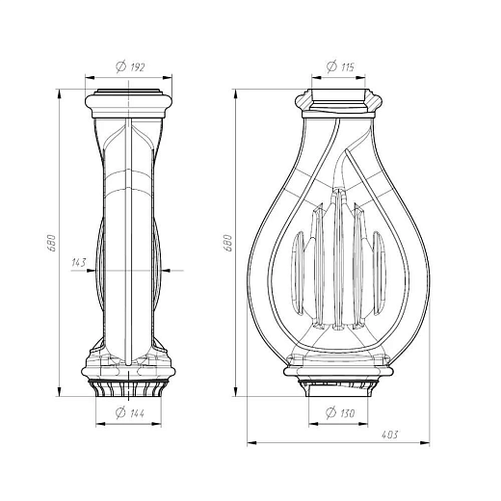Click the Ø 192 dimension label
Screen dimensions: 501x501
130,66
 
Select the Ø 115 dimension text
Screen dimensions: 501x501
340,66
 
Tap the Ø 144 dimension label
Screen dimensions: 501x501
130,412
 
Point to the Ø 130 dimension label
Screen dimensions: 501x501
340,412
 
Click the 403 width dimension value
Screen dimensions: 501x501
389,435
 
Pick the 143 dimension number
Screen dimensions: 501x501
79,262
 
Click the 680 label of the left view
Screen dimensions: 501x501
52,243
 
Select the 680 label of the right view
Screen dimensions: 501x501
227,243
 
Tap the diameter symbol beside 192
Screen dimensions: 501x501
120,66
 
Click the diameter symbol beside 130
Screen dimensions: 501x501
330,412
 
